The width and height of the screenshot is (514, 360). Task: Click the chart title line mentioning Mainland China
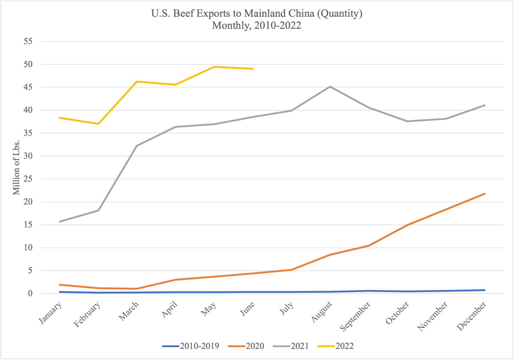257,13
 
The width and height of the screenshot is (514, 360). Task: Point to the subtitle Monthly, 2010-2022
257,25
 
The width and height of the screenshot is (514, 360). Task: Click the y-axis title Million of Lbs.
16,167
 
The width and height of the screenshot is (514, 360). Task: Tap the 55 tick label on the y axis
28,41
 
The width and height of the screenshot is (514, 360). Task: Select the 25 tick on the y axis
28,179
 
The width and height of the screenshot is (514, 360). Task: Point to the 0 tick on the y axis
30,293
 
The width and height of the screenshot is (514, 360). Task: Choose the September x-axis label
355,316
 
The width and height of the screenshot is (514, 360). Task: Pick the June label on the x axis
247,309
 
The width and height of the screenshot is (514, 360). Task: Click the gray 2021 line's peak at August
330,87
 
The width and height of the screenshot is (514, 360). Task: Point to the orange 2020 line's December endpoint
485,194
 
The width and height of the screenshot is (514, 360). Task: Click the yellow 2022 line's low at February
98,124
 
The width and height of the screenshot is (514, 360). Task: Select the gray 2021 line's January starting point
60,222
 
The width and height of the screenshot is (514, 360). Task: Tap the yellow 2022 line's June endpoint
253,69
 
